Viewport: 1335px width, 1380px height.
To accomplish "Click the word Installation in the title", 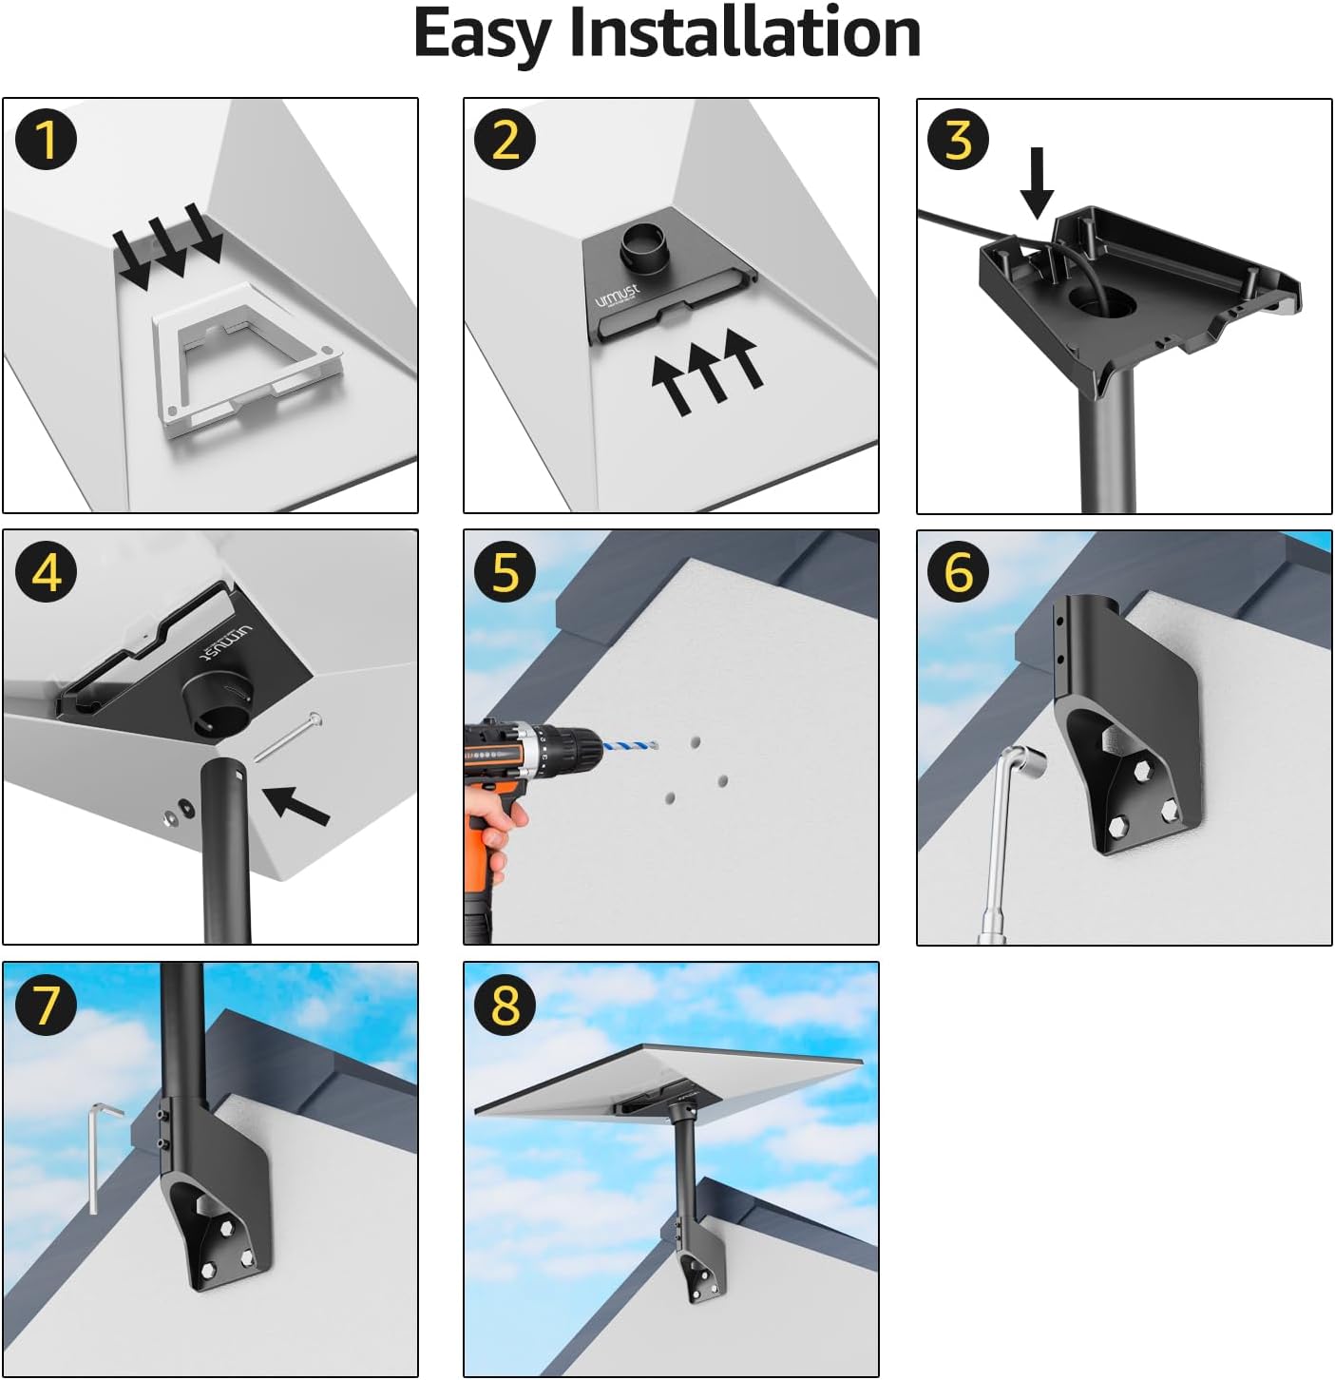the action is [745, 32].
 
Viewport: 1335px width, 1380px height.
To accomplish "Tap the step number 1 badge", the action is [46, 140].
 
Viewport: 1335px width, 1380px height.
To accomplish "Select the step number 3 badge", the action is [959, 139].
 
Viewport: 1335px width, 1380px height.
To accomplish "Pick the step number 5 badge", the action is [505, 571].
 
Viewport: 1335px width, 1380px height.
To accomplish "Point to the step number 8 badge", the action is [505, 1005].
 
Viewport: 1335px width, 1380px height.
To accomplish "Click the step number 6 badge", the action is [959, 571].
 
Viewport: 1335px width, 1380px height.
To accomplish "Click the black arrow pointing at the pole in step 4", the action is [297, 806].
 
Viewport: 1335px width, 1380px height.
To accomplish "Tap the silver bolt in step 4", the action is [288, 738].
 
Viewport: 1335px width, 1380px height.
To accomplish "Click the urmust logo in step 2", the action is [617, 296].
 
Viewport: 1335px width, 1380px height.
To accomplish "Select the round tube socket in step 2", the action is [644, 247].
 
